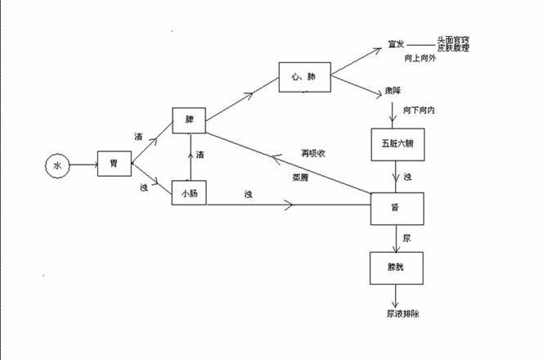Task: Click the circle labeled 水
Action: (x=57, y=166)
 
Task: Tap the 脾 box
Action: (x=189, y=119)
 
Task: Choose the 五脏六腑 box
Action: (x=398, y=145)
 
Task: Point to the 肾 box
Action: (x=398, y=209)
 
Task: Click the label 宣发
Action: (x=397, y=46)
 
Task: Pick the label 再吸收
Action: (x=313, y=154)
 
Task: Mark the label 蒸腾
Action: (x=300, y=177)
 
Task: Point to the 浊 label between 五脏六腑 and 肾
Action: (x=407, y=177)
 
